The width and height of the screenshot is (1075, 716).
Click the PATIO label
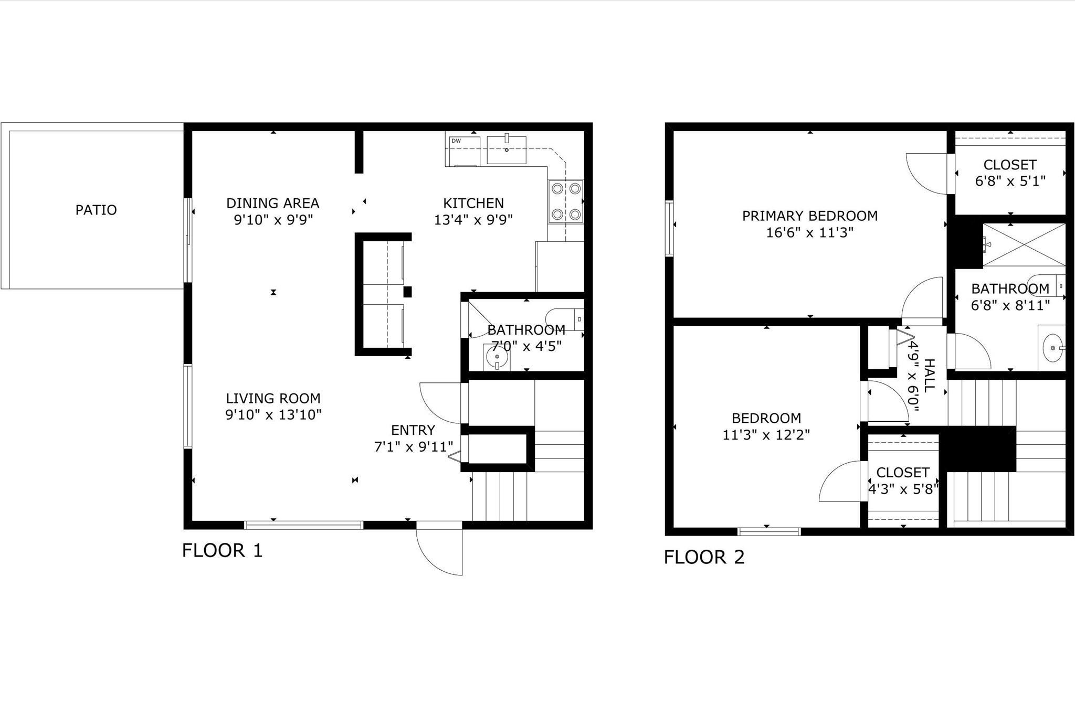[x=96, y=210]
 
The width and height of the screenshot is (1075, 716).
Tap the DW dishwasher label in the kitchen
[x=456, y=141]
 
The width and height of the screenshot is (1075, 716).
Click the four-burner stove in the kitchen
[x=566, y=201]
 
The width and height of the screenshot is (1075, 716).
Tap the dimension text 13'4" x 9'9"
[x=473, y=220]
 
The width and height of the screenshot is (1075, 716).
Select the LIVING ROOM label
[x=273, y=398]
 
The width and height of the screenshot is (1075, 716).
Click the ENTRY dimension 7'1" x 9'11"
[x=413, y=447]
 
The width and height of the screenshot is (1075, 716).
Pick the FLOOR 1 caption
[x=222, y=550]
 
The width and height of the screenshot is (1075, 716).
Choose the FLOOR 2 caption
[x=704, y=557]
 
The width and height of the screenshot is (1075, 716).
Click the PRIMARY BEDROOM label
[x=809, y=216]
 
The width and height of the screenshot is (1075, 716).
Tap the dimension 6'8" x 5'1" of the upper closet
[x=1010, y=181]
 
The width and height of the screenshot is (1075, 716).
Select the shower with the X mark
[x=1024, y=245]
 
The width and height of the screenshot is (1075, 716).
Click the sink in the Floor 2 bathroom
[x=1052, y=347]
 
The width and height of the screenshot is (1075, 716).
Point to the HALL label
[x=929, y=375]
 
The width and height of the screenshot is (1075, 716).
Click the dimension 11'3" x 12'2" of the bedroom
[x=766, y=435]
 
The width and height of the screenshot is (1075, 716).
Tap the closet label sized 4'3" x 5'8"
[x=902, y=472]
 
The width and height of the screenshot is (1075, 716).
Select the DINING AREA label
[x=272, y=203]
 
